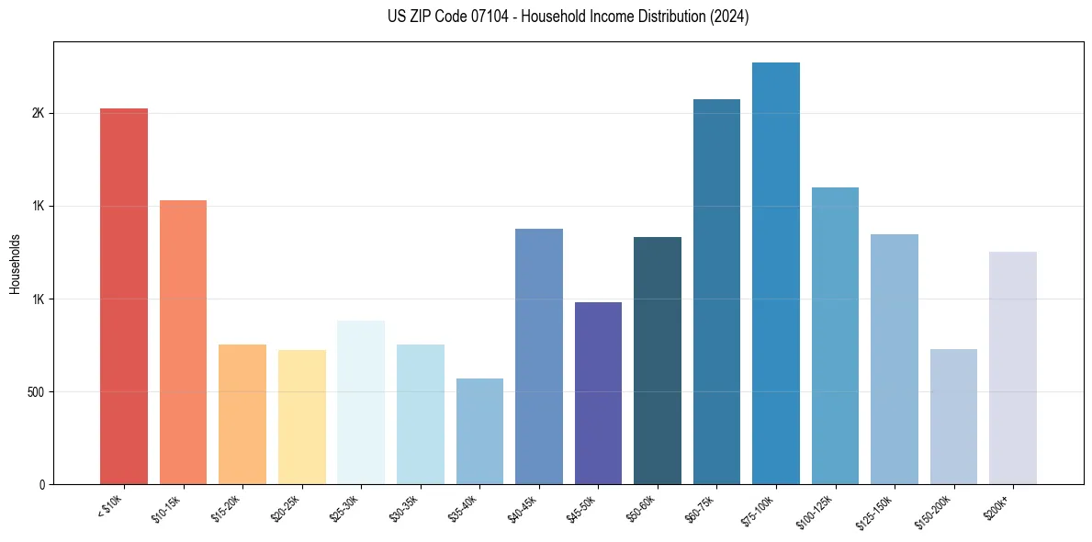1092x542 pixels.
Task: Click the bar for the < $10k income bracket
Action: coord(123,296)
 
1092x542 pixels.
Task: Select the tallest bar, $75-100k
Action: coord(775,273)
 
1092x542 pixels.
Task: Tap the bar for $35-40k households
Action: coord(479,431)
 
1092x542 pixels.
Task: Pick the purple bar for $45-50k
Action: coord(598,392)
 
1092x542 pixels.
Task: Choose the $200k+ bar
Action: coord(1012,367)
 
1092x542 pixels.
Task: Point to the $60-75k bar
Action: coord(716,291)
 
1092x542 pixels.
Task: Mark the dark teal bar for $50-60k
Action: coord(657,360)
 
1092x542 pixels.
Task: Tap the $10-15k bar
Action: coord(183,342)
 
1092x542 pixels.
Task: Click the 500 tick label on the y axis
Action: coord(35,392)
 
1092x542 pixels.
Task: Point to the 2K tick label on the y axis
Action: coord(38,114)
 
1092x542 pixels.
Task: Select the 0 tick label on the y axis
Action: coord(41,485)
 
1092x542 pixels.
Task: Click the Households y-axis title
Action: coord(16,264)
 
